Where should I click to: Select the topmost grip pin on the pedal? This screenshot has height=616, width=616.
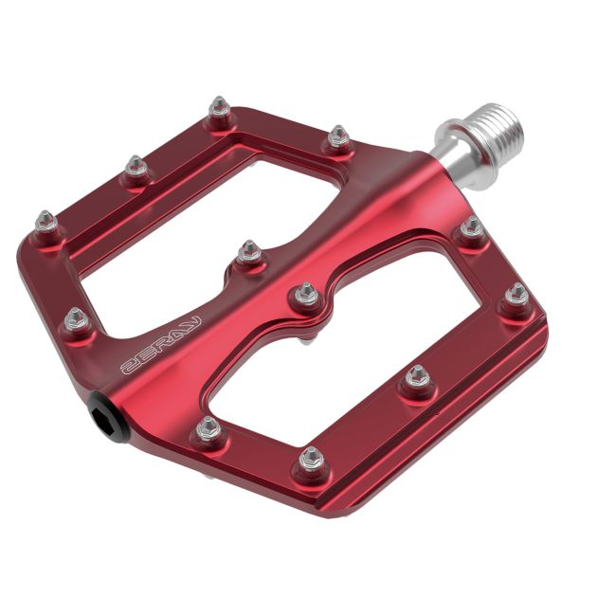[x=220, y=108]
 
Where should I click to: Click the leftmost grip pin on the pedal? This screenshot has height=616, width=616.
[x=45, y=224]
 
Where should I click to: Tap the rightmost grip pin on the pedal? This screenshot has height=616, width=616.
[x=516, y=297]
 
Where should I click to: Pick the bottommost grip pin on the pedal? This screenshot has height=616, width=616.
[x=311, y=461]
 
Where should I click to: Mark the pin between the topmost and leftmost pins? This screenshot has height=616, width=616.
[x=136, y=168]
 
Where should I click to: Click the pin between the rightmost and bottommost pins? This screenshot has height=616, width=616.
[x=418, y=378]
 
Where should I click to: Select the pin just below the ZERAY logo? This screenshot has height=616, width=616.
[x=208, y=429]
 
